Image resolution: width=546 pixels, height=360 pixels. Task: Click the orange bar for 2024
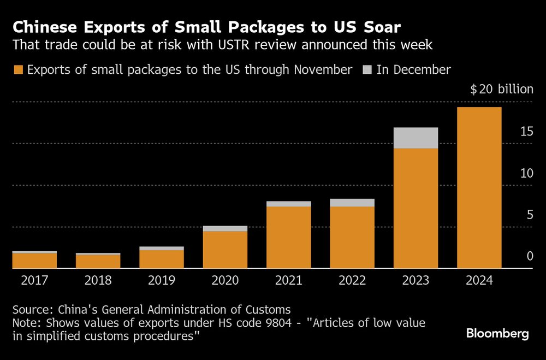point(479,187)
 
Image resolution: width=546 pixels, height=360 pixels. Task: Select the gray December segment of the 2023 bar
point(416,138)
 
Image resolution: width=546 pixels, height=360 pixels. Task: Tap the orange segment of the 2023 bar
point(416,208)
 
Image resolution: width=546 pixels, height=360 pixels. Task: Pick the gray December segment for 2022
point(352,203)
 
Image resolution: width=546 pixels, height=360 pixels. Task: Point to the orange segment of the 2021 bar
point(288,237)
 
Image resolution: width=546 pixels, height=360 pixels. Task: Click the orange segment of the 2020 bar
point(225,250)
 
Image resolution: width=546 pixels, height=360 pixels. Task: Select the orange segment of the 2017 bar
point(34,261)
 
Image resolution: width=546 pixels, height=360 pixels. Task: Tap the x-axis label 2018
point(98,280)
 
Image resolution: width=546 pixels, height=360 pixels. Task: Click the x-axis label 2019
point(162,280)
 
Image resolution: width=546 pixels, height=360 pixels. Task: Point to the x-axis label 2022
point(352,280)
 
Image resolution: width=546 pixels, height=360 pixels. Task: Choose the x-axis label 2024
point(479,280)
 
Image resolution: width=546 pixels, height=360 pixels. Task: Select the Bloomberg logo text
point(497,334)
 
